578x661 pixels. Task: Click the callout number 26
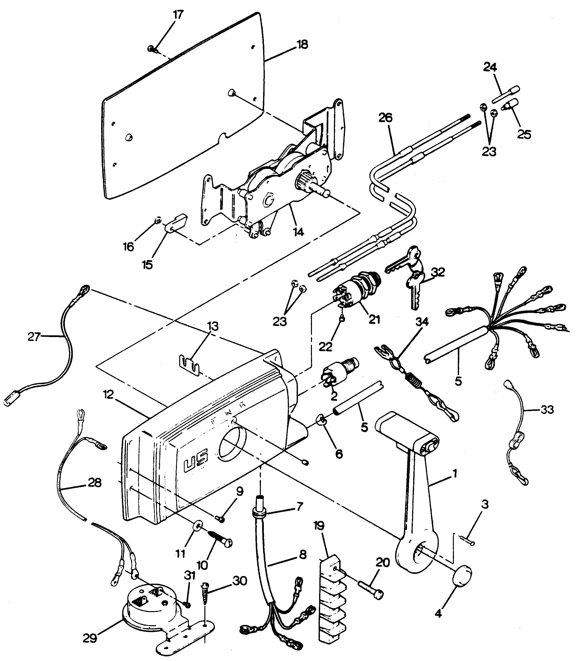[385, 118]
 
